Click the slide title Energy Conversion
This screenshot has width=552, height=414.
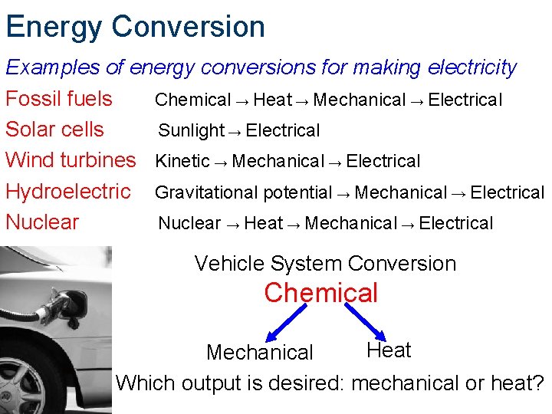point(135,26)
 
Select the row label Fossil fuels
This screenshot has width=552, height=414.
point(59,99)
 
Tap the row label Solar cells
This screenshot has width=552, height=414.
point(54,130)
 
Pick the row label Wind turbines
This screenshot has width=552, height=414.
point(70,160)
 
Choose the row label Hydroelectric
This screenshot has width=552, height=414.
point(68,192)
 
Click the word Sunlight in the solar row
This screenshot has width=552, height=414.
point(191,131)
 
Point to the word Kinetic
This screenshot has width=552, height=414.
point(182,162)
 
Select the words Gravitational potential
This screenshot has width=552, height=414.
point(244,193)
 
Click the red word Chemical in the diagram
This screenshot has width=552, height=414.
point(320,293)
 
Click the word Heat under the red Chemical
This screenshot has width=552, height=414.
point(389,350)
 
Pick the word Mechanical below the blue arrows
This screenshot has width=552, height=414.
point(260,353)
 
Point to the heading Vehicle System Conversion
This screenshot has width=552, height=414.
point(325,264)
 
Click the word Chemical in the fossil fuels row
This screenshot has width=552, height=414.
point(192,100)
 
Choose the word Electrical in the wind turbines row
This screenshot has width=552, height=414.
point(383,162)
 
